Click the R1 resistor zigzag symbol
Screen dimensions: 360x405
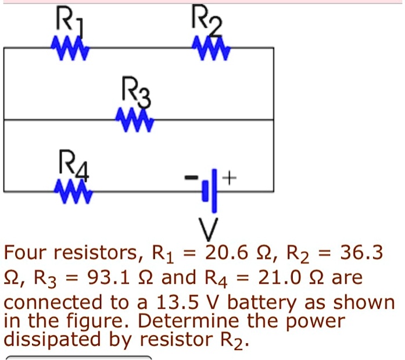[69, 48]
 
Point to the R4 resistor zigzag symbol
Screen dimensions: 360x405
[71, 190]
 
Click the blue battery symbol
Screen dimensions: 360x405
[210, 191]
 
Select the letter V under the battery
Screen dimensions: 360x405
[212, 229]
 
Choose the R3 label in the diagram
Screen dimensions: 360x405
[135, 92]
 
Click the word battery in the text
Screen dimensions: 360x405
[261, 304]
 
